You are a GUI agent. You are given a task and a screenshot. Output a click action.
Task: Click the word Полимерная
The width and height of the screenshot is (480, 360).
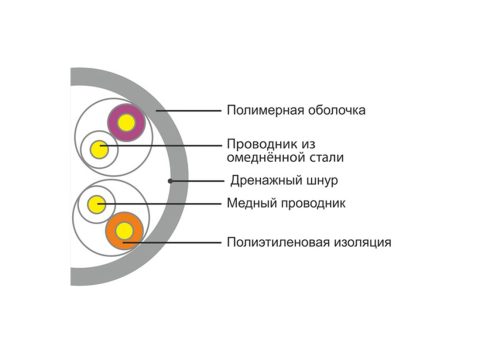[x=265, y=110]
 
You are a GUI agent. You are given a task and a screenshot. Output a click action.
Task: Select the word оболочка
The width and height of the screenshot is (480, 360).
[x=337, y=110]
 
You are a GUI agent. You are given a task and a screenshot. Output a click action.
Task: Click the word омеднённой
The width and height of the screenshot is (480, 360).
[x=266, y=157]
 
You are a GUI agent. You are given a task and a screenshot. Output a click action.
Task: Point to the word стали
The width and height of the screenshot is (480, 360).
[x=327, y=158]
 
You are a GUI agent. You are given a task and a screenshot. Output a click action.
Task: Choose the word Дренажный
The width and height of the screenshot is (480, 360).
[x=263, y=181]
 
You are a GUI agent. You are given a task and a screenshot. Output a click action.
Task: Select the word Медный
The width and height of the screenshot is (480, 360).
[x=251, y=203]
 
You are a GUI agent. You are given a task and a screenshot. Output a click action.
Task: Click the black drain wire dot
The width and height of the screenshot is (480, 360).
[x=170, y=181]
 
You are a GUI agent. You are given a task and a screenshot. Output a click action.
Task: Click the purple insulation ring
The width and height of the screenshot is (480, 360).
[x=112, y=123]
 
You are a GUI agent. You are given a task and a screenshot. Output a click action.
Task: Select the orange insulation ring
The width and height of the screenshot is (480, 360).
[x=111, y=231]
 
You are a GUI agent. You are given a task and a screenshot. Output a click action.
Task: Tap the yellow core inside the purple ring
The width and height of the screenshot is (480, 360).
[x=126, y=123]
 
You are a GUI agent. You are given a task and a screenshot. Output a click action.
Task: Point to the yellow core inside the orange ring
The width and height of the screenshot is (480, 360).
[x=124, y=231]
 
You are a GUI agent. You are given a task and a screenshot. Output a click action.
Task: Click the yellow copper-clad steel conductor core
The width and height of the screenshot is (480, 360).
[x=99, y=149]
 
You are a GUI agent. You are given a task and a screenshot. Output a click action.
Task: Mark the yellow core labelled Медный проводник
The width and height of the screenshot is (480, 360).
[x=96, y=204]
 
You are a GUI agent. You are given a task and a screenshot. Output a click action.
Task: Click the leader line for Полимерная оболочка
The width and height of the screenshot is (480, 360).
[x=189, y=110]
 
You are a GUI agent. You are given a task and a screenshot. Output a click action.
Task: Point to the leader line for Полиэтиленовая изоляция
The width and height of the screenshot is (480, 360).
[x=172, y=243]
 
